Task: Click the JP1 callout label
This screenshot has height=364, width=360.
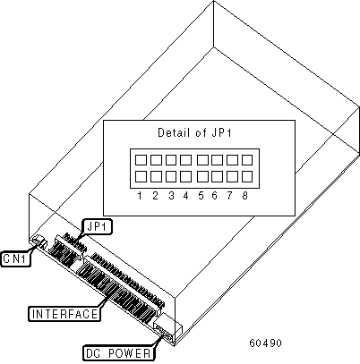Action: click(97, 227)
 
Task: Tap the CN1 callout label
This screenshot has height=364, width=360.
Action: click(15, 258)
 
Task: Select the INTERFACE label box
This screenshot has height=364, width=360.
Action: click(64, 314)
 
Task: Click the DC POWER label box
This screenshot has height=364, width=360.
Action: click(118, 353)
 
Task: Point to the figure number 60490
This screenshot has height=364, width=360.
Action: click(265, 343)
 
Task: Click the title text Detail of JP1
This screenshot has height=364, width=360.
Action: click(194, 132)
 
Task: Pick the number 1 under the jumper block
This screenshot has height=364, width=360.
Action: click(140, 196)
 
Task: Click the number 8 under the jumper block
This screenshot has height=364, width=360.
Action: click(244, 196)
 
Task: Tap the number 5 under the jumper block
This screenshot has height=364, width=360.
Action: click(201, 196)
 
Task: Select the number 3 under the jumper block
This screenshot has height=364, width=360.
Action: click(171, 196)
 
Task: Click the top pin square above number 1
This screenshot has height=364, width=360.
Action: click(141, 160)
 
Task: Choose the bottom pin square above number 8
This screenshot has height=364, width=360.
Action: click(247, 177)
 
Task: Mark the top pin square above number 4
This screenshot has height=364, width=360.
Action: click(185, 160)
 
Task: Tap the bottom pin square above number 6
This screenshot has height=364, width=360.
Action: click(217, 177)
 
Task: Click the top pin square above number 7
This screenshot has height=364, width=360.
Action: click(232, 160)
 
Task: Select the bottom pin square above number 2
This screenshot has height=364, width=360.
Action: click(156, 177)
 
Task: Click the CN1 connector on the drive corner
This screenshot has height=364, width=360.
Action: click(39, 241)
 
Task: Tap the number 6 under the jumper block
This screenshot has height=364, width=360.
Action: click(214, 196)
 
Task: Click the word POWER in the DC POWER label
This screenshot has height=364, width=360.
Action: click(130, 353)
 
